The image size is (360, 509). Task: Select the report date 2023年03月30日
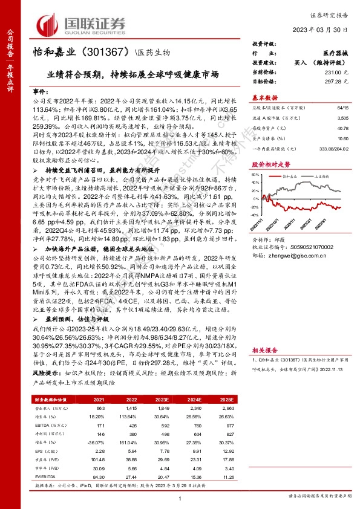coord(321,29)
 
